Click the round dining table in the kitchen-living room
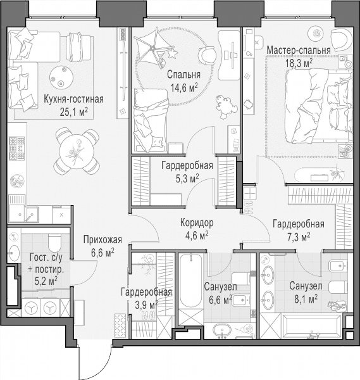(x=77, y=150)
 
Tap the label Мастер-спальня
(x=299, y=51)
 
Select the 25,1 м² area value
(x=73, y=112)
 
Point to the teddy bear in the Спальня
(x=226, y=106)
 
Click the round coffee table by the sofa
(x=61, y=77)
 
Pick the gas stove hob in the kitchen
(x=16, y=148)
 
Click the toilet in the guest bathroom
(x=54, y=243)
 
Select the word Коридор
(x=197, y=222)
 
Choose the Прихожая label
(x=102, y=240)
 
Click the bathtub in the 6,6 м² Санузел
(x=191, y=281)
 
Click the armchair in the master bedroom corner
(x=341, y=39)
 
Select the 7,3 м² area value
(x=299, y=237)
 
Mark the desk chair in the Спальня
(x=207, y=55)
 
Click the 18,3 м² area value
(x=299, y=63)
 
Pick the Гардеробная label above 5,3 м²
(x=187, y=166)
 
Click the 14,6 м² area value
(x=184, y=87)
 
